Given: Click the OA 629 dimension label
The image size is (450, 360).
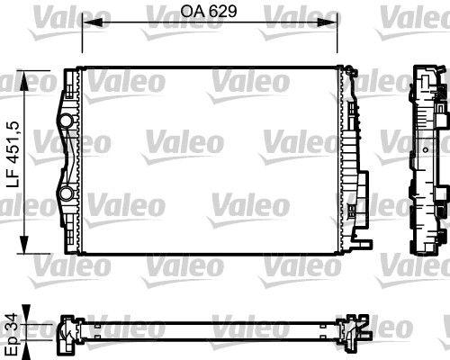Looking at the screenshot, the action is click(209, 11).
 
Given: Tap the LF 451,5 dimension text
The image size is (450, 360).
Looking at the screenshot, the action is click(14, 155).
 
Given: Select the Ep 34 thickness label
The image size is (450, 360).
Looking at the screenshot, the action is click(14, 334).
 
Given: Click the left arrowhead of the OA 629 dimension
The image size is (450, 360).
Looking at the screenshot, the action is click(93, 22).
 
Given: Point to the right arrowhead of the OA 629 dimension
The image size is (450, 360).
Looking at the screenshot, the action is click(328, 22).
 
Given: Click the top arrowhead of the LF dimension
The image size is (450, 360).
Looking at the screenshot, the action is click(23, 80).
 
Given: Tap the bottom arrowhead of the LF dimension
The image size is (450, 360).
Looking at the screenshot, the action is click(23, 245).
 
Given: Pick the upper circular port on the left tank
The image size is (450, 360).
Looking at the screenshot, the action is click(66, 121).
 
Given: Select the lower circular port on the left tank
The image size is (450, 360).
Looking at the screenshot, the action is click(66, 193).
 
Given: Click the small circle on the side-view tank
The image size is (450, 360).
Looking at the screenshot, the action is click(426, 149).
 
